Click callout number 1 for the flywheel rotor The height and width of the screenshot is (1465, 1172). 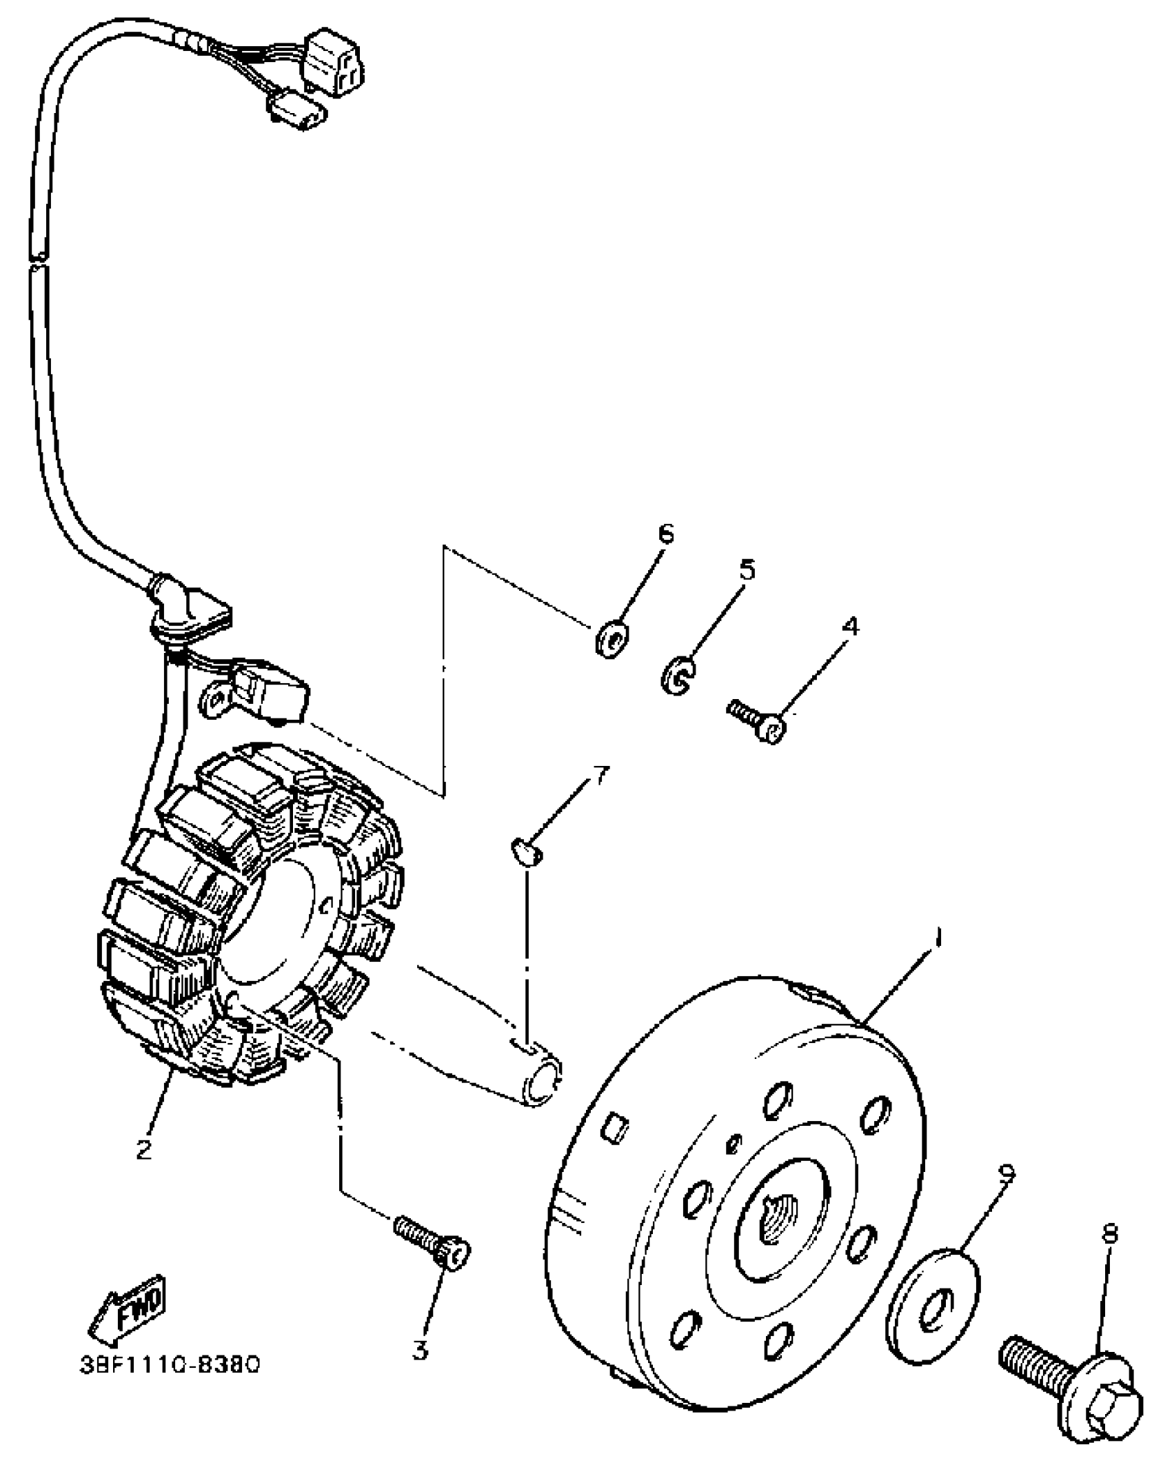click(x=938, y=939)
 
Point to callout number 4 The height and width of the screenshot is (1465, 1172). click(x=851, y=627)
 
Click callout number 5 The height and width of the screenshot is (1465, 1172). click(x=747, y=569)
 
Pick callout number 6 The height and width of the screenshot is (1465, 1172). click(x=665, y=534)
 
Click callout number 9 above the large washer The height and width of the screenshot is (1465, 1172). click(x=1007, y=1173)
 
